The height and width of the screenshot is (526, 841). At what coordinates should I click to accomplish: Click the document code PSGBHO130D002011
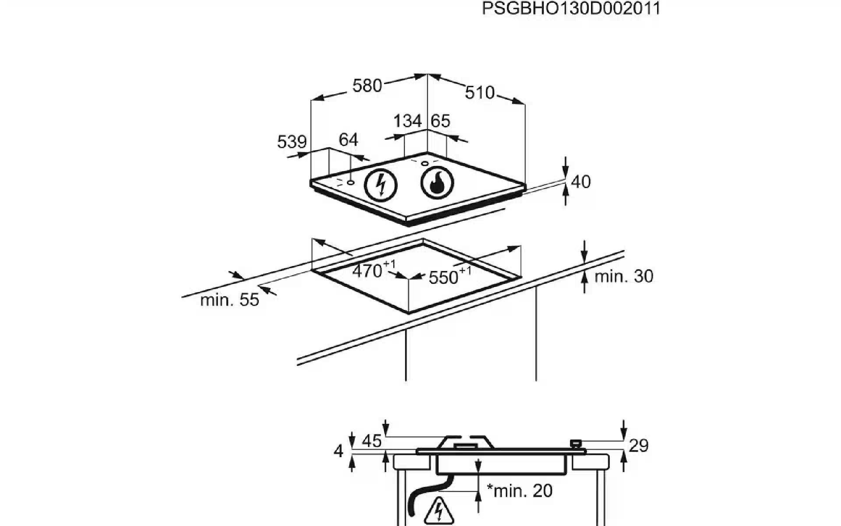coord(571,9)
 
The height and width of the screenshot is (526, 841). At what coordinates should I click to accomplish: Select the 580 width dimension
coord(367,85)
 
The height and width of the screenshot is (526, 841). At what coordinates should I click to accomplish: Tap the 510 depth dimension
coord(480,92)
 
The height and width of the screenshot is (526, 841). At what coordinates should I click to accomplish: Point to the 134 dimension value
coord(407,121)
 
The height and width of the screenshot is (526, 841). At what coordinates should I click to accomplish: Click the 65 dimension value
coord(440,121)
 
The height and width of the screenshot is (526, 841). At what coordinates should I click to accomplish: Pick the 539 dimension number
coord(292,142)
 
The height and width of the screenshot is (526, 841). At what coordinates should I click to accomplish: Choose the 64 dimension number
coord(349,140)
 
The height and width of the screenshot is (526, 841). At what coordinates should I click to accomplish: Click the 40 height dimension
coord(581,181)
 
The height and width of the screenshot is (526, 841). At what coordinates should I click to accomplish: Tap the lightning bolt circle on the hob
coord(381,185)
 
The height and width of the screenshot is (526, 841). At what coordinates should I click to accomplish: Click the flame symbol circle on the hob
coord(437,183)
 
